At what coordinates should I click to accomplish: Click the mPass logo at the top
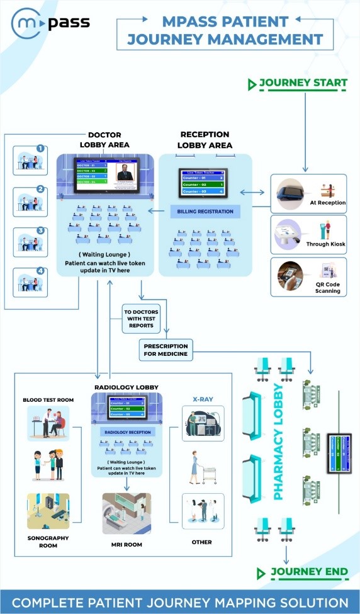point(50,24)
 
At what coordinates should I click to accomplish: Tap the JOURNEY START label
point(303,83)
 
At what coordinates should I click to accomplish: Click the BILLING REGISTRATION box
point(205,212)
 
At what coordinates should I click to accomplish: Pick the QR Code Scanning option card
point(308,276)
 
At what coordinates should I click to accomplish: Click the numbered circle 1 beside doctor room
point(40,149)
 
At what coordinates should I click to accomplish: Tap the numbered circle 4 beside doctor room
point(40,272)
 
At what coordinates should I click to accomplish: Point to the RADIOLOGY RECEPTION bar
point(127,431)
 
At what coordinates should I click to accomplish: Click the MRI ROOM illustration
point(127,513)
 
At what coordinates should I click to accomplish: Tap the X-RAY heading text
point(201,398)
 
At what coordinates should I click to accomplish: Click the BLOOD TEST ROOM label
point(48,399)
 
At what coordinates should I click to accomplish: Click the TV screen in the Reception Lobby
point(205,183)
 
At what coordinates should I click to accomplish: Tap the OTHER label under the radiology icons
point(201,542)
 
